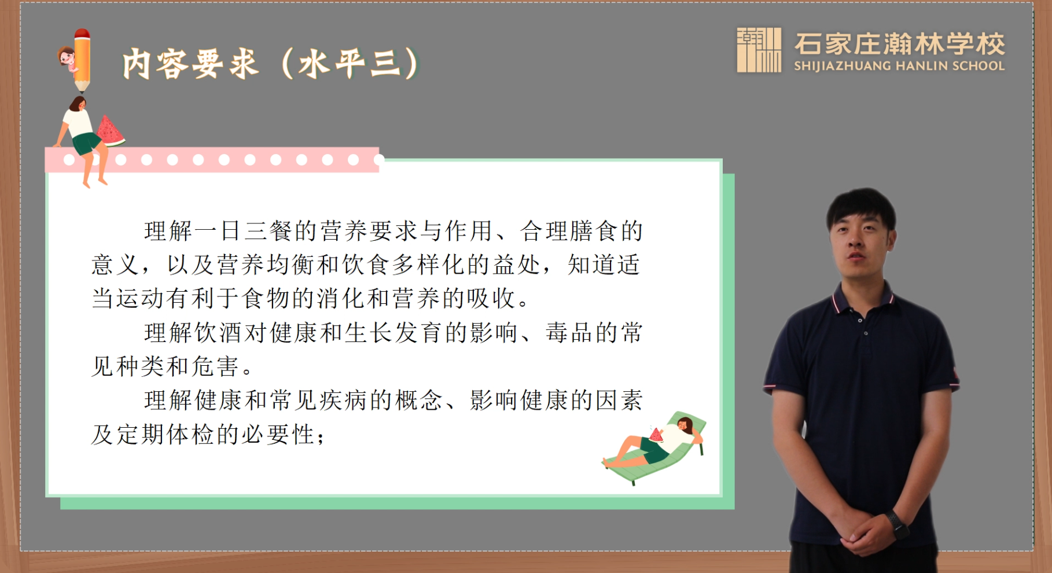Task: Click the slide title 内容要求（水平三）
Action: pos(271,63)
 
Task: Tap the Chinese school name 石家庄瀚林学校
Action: pos(900,43)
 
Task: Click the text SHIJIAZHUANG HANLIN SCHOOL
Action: pos(899,66)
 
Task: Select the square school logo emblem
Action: pos(759,50)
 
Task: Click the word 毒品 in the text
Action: pos(569,333)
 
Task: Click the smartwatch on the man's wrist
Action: pos(896,523)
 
